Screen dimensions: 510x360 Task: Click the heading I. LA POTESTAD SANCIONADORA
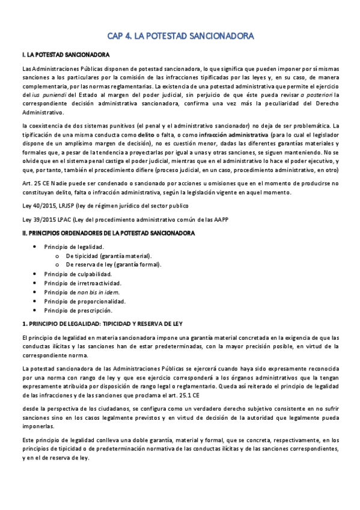click(x=64, y=55)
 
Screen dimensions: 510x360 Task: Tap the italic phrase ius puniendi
click(x=49, y=95)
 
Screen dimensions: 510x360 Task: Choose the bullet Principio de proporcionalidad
click(x=85, y=301)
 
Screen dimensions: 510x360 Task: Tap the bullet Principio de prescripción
click(x=78, y=310)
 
